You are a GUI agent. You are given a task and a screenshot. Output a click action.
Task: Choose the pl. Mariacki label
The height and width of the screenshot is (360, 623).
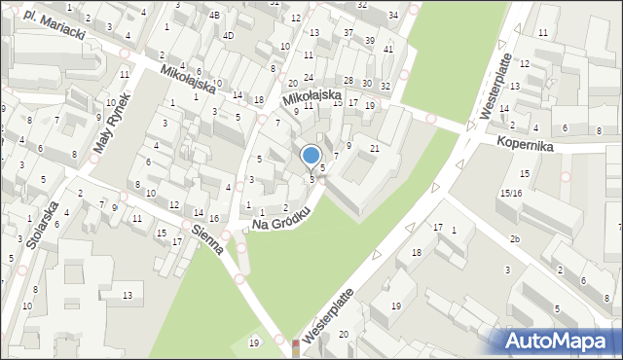pyautogui.click(x=55, y=25)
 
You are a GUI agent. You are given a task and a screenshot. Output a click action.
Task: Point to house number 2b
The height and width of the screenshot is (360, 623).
pyautogui.click(x=514, y=238)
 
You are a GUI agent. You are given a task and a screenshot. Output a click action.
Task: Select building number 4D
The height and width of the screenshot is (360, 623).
pyautogui.click(x=228, y=36)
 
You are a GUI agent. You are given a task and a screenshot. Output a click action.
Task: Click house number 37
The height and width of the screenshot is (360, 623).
pyautogui.click(x=348, y=33)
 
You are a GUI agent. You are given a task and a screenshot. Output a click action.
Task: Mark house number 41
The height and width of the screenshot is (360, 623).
pyautogui.click(x=388, y=49)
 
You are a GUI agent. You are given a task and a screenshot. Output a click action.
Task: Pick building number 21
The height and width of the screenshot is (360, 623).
pyautogui.click(x=374, y=148)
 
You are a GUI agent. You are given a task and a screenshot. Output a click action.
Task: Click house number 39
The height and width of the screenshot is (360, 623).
pyautogui.click(x=369, y=40)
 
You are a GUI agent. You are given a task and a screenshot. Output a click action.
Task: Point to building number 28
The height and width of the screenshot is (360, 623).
pyautogui.click(x=348, y=80)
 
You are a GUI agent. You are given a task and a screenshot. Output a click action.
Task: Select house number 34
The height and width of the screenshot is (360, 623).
pyautogui.click(x=392, y=15)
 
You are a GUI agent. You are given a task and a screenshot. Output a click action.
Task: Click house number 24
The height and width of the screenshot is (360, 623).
pyautogui.click(x=309, y=77)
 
